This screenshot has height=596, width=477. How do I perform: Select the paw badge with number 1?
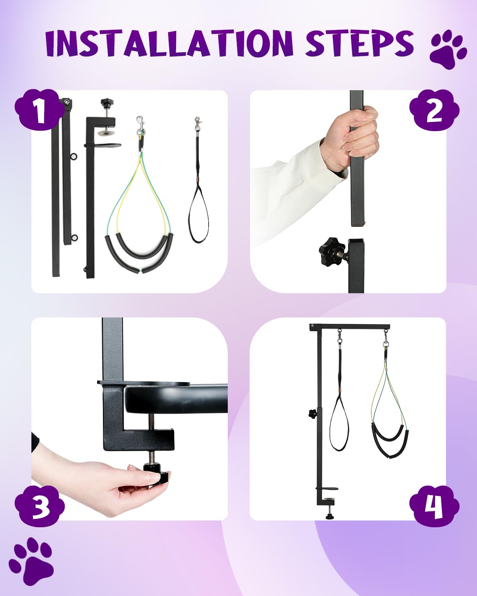[39, 110]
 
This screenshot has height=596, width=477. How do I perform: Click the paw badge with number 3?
[39, 505]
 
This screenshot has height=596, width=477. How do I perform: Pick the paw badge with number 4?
[434, 506]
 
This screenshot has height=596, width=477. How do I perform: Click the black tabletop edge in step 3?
[175, 399]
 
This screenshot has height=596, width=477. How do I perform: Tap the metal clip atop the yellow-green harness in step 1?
[140, 125]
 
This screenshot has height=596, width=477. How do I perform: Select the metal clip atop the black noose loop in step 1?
[198, 124]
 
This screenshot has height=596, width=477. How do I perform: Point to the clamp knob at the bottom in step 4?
[330, 516]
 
